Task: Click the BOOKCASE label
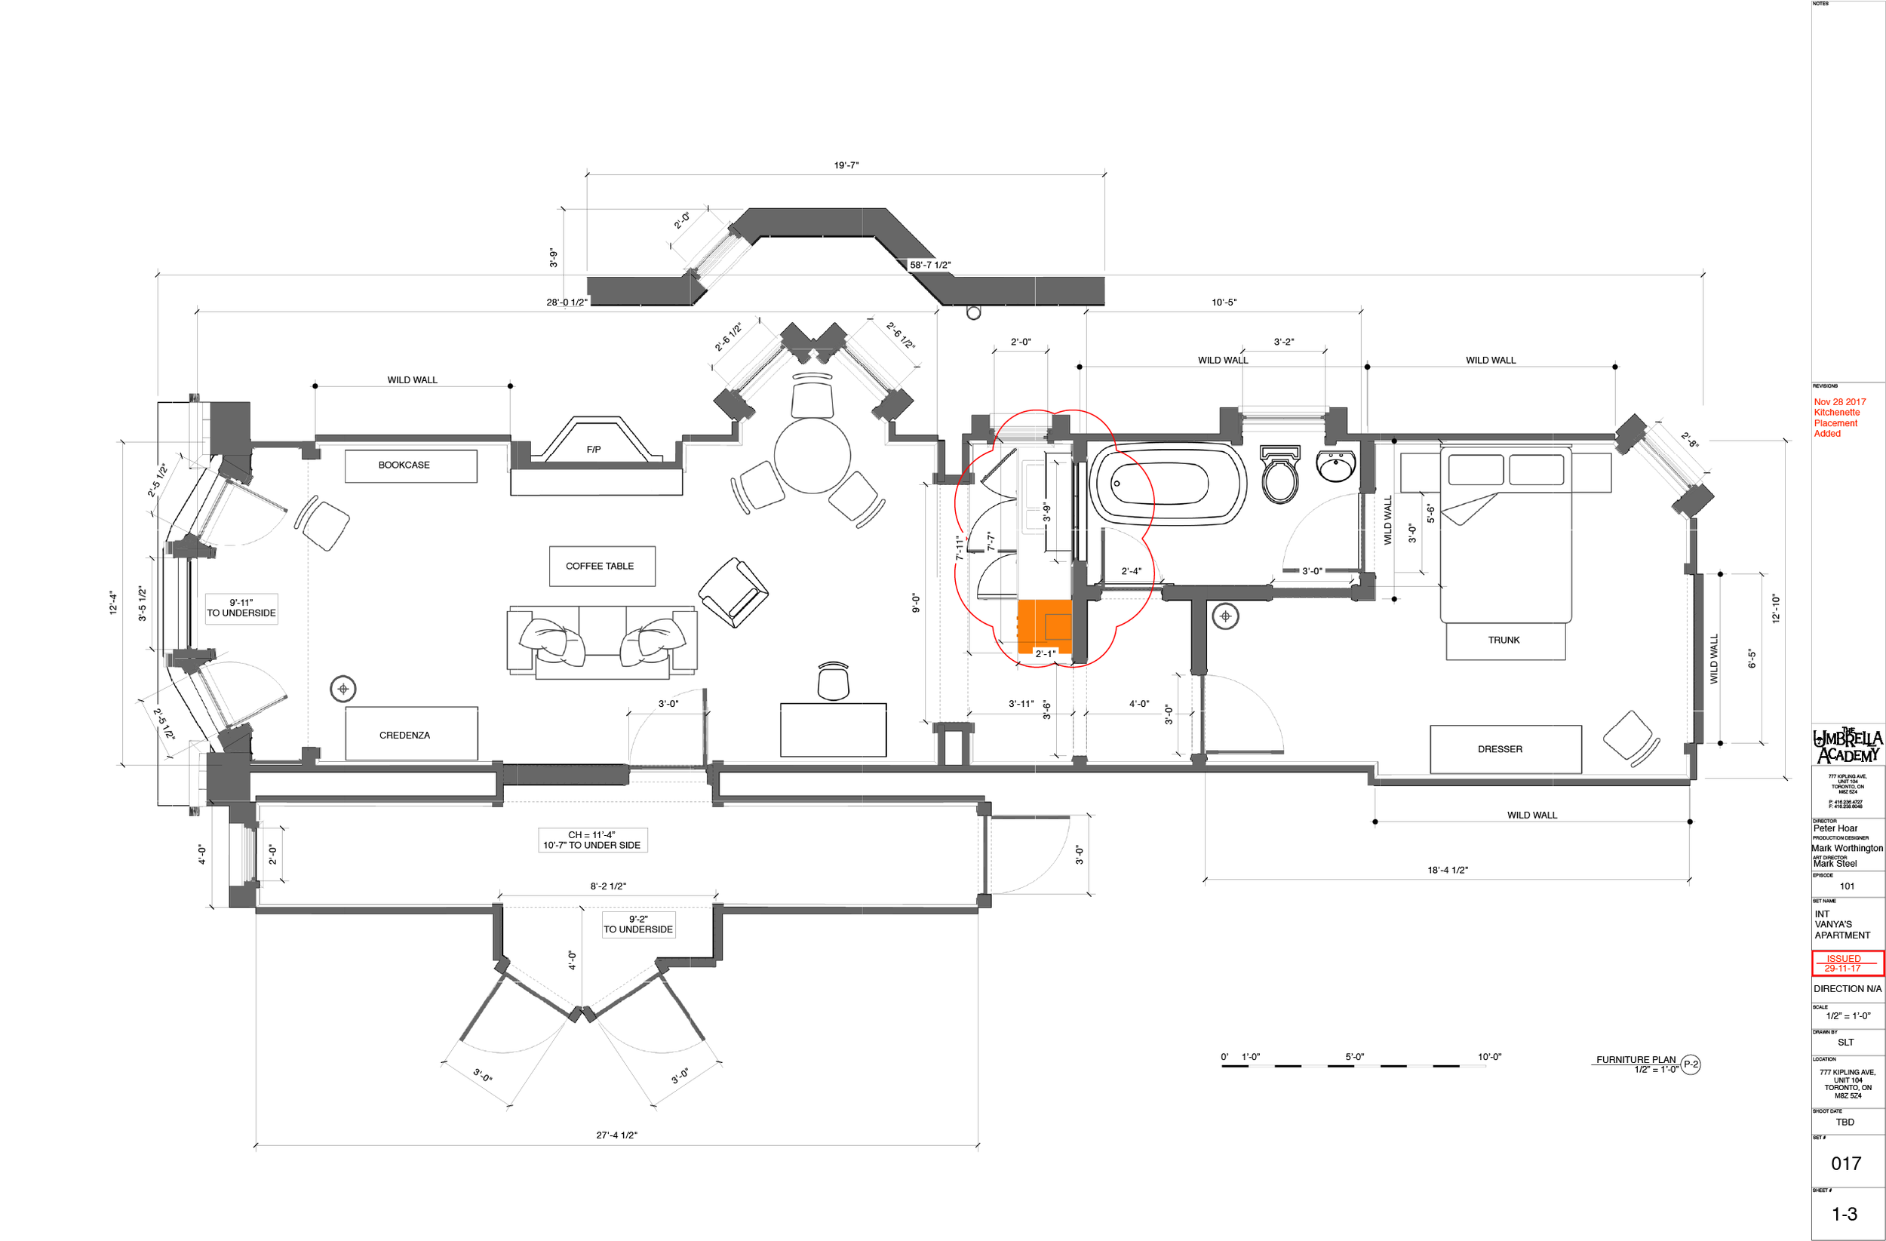pos(404,465)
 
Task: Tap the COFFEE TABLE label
pos(600,566)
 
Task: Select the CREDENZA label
pos(405,736)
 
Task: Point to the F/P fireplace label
pos(594,450)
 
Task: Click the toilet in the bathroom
pos(1279,476)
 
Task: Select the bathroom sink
pos(1337,466)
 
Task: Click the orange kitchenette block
pos(1044,625)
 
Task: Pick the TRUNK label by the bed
pos(1504,640)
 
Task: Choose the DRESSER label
pos(1499,749)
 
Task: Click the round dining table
pos(812,456)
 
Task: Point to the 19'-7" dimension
pos(846,166)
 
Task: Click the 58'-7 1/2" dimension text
pos(930,266)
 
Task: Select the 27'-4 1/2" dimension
pos(616,1135)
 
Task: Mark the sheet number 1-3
pos(1844,1214)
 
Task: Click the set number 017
pos(1845,1163)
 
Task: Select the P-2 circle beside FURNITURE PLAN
pos(1691,1064)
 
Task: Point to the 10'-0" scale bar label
pos(1489,1056)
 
